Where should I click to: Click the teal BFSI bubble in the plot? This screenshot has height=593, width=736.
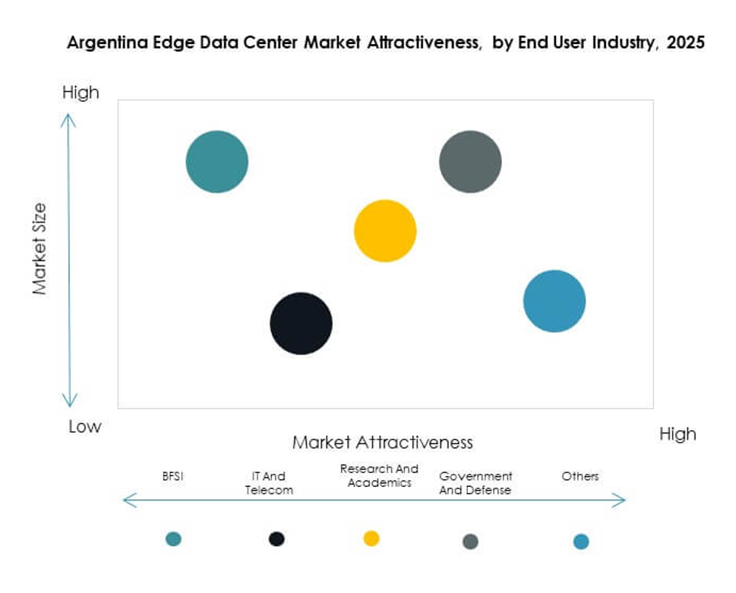217,162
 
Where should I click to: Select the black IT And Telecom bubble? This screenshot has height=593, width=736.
302,323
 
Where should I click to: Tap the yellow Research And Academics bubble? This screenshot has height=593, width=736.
385,231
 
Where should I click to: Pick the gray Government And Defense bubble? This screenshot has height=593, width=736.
470,162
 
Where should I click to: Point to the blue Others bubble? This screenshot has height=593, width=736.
554,301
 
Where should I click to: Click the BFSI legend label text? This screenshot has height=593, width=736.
173,476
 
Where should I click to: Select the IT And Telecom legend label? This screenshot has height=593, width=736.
269,483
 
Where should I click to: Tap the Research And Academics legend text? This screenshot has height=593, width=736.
379,475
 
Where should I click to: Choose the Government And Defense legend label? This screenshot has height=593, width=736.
475,483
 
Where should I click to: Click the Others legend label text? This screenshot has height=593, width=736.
580,476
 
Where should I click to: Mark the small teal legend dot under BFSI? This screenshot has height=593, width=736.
173,539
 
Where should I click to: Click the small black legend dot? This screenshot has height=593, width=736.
276,539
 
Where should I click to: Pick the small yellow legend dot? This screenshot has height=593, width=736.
371,539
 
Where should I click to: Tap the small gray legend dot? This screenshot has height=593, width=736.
470,541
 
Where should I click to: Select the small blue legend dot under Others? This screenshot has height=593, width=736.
581,541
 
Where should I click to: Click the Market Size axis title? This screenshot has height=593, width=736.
39,248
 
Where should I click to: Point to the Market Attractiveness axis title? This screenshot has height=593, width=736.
383,442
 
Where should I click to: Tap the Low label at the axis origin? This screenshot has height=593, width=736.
84,427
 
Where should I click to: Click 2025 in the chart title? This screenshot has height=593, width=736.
685,43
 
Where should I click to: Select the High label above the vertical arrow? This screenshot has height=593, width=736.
81,93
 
